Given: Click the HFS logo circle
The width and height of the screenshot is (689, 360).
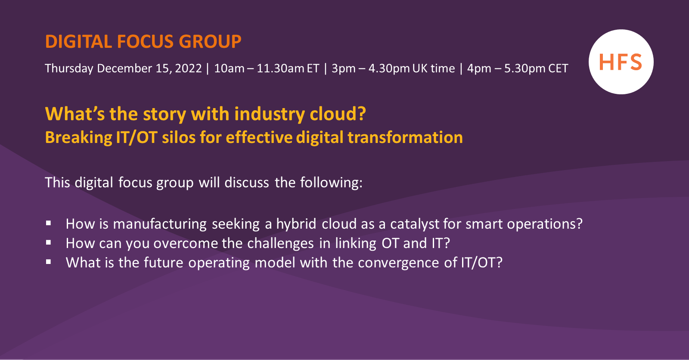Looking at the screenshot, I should pos(621,62).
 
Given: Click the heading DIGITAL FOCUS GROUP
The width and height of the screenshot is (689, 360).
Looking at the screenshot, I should pos(143,42).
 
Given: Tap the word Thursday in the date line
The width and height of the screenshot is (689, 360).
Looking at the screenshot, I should pos(69,68).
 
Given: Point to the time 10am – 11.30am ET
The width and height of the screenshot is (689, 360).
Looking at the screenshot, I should pos(267,68).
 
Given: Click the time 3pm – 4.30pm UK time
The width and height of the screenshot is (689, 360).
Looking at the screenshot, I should pos(393,68).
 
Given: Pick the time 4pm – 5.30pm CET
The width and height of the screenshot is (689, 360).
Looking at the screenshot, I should pos(518,68).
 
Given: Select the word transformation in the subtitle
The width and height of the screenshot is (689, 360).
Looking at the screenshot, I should pos(405,138).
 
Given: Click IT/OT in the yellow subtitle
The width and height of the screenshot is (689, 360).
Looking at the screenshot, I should pos(137,138).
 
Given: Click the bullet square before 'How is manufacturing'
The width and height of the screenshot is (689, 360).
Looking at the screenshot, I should pos(49,223).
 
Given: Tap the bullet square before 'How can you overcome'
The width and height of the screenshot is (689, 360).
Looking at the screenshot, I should pos(49,242).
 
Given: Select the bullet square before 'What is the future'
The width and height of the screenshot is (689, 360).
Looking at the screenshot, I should pos(49,262).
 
